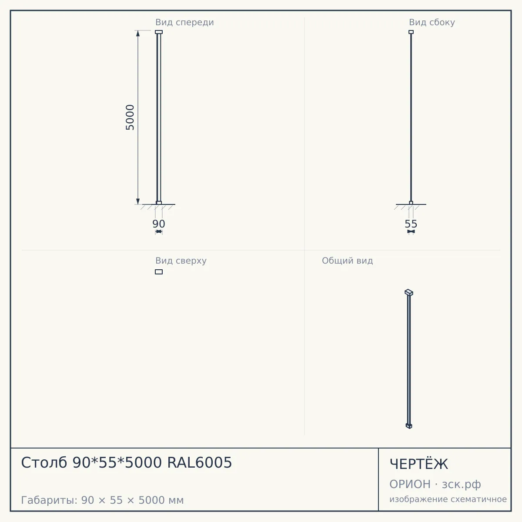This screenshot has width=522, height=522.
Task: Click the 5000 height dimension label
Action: (130, 117)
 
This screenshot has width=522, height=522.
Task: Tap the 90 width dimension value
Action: (159, 224)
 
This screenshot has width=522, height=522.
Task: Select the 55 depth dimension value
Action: (411, 224)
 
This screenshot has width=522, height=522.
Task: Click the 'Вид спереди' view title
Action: (184, 22)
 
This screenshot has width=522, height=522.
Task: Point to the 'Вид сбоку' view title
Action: (432, 22)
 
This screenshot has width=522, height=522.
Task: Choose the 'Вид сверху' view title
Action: (181, 261)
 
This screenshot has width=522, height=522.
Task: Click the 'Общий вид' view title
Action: (347, 261)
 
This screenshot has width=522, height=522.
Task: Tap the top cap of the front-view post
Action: (159, 32)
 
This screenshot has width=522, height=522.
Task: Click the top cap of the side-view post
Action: (411, 32)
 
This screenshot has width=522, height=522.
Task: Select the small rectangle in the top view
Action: (159, 272)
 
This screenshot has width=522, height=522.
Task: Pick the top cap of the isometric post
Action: (409, 293)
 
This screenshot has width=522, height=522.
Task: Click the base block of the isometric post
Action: (409, 426)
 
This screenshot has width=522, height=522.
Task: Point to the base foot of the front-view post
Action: (159, 203)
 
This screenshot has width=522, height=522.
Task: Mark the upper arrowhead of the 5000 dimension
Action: (138, 33)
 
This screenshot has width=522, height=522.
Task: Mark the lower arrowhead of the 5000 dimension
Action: (138, 201)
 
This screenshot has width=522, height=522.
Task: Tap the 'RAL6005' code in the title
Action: (200, 462)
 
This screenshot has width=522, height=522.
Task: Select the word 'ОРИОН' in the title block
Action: (410, 484)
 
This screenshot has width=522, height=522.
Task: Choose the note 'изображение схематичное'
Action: (448, 499)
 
